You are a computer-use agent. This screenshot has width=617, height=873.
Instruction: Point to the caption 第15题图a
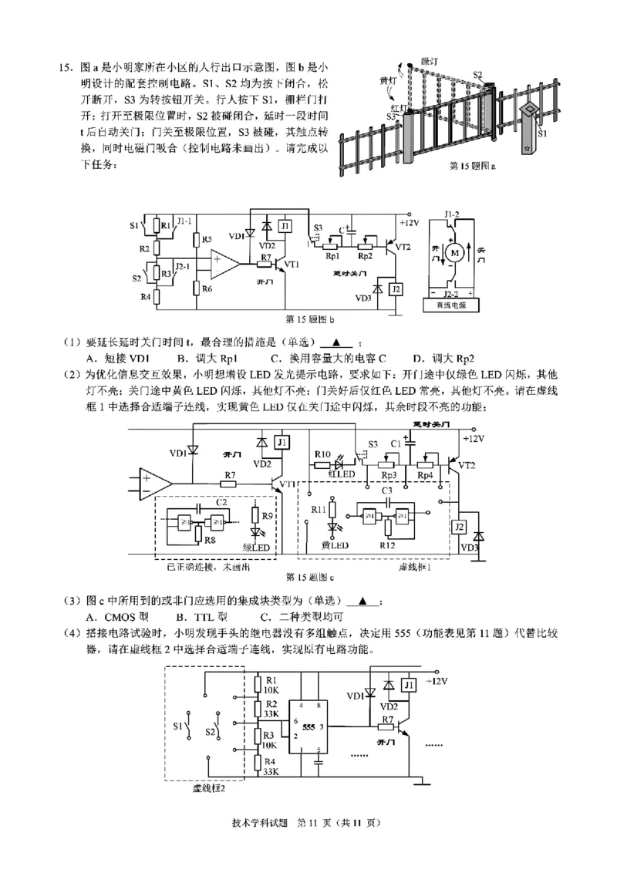473,165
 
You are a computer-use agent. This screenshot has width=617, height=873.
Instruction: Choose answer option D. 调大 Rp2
443,358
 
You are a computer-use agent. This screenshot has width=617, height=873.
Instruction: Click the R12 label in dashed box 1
388,546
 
